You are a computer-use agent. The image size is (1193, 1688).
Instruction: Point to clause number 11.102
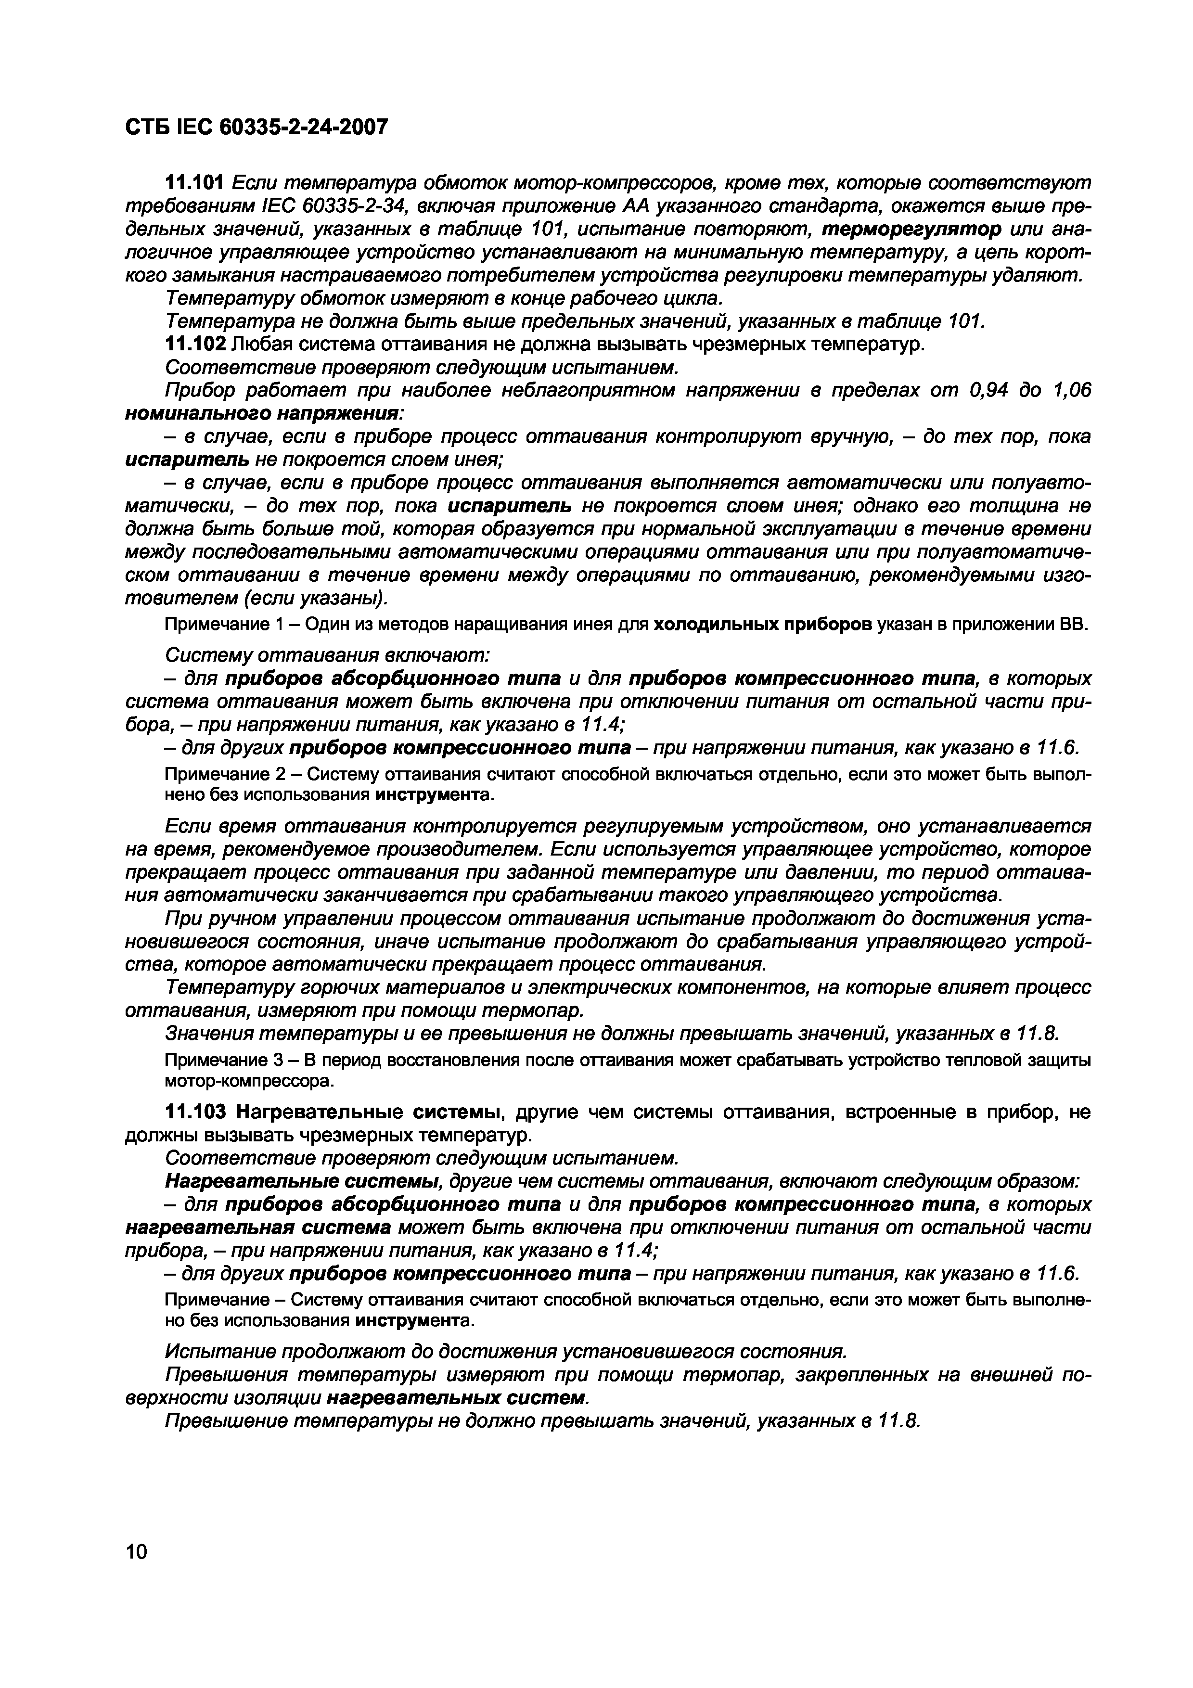coord(195,344)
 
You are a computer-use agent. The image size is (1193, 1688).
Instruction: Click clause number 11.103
coord(195,1113)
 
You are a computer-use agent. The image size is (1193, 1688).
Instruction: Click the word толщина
coord(1012,507)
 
